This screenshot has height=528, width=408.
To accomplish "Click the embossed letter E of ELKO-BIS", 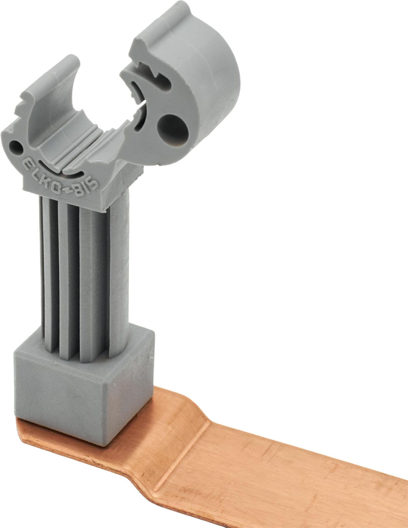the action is [28, 164].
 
